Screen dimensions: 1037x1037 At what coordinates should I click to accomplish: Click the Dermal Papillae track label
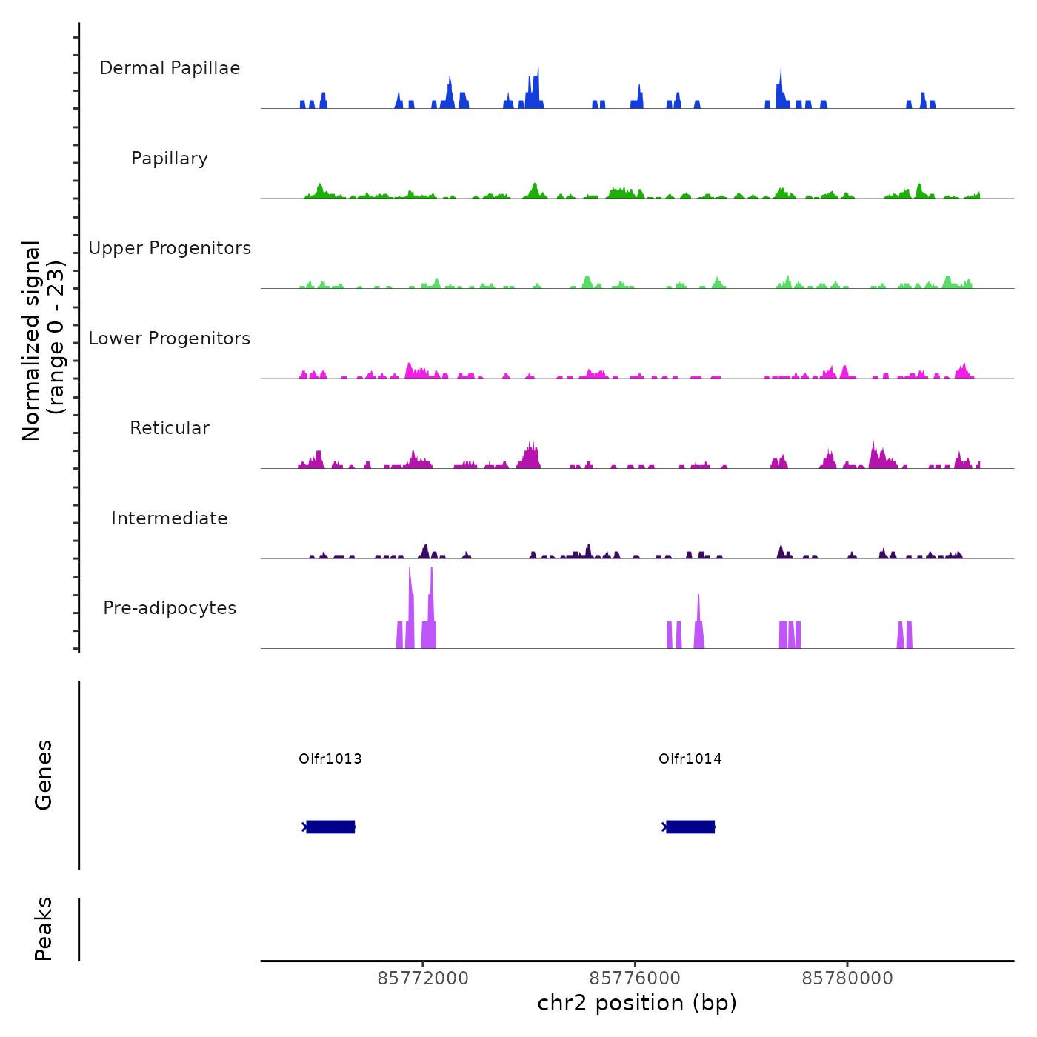[170, 68]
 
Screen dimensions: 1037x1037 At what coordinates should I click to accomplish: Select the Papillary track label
[170, 159]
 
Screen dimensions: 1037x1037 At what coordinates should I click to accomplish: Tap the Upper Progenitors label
[170, 248]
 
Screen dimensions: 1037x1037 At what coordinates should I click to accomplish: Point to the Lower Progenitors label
[170, 339]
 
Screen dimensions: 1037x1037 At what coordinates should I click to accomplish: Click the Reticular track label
[170, 428]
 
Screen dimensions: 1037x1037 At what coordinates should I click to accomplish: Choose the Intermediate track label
[170, 518]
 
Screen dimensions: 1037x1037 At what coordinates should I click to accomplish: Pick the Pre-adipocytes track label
[170, 608]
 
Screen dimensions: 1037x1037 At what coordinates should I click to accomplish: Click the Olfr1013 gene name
[330, 758]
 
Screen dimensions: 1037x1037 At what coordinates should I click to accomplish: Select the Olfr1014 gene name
[690, 758]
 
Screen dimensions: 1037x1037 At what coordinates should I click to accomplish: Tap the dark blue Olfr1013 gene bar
[330, 827]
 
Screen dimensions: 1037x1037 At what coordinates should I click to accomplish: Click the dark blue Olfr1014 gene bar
[690, 827]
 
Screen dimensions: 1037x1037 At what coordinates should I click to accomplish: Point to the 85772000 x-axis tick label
[423, 978]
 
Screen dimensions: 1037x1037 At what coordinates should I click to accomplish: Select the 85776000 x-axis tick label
[636, 978]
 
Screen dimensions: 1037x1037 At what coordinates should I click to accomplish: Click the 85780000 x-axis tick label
[847, 978]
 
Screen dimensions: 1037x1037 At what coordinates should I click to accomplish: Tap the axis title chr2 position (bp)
[637, 1003]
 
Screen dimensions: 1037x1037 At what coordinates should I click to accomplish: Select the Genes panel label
[44, 775]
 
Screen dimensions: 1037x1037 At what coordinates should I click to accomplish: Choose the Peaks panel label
[44, 929]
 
